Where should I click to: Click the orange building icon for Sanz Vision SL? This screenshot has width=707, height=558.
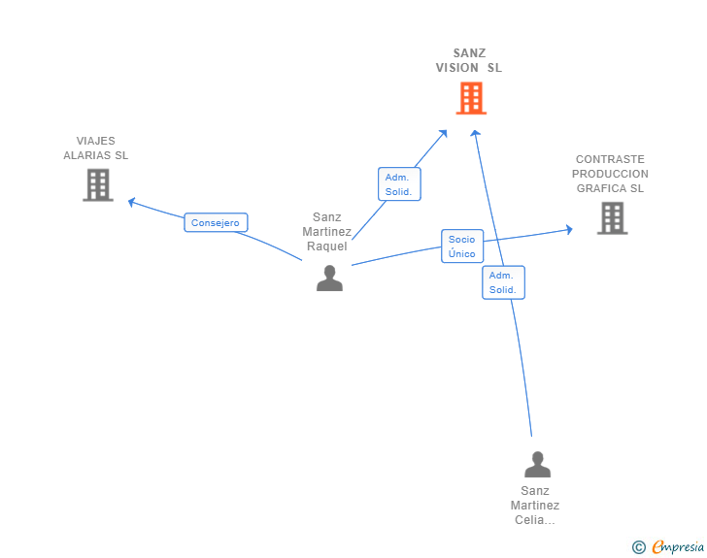click(471, 98)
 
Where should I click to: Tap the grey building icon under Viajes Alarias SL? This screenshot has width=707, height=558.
click(98, 184)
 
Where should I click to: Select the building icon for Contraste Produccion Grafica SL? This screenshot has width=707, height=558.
click(612, 218)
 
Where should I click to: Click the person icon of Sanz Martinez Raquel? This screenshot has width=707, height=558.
click(329, 279)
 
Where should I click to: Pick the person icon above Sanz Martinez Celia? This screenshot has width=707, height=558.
click(537, 464)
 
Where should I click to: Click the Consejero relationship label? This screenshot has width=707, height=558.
click(216, 222)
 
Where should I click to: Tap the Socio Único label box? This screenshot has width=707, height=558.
click(462, 246)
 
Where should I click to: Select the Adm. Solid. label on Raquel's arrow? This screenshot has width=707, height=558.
click(399, 183)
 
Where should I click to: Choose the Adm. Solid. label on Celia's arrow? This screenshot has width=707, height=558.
click(503, 282)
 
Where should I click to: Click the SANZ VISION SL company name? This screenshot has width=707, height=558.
click(469, 60)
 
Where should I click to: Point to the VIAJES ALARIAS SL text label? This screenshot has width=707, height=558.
click(95, 148)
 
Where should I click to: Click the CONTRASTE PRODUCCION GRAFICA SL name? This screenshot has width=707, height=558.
click(610, 174)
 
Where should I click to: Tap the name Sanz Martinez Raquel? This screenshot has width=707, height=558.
click(327, 232)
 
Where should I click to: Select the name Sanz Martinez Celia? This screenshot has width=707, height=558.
click(535, 506)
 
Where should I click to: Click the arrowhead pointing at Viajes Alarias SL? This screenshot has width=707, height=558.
click(131, 203)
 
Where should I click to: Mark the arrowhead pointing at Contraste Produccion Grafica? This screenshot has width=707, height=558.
click(569, 229)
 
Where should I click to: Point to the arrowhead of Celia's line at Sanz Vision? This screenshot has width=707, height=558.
click(475, 133)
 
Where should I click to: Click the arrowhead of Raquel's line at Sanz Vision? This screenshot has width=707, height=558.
click(444, 133)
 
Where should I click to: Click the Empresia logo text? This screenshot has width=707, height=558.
click(678, 546)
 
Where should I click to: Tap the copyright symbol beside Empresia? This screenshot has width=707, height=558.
click(638, 547)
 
